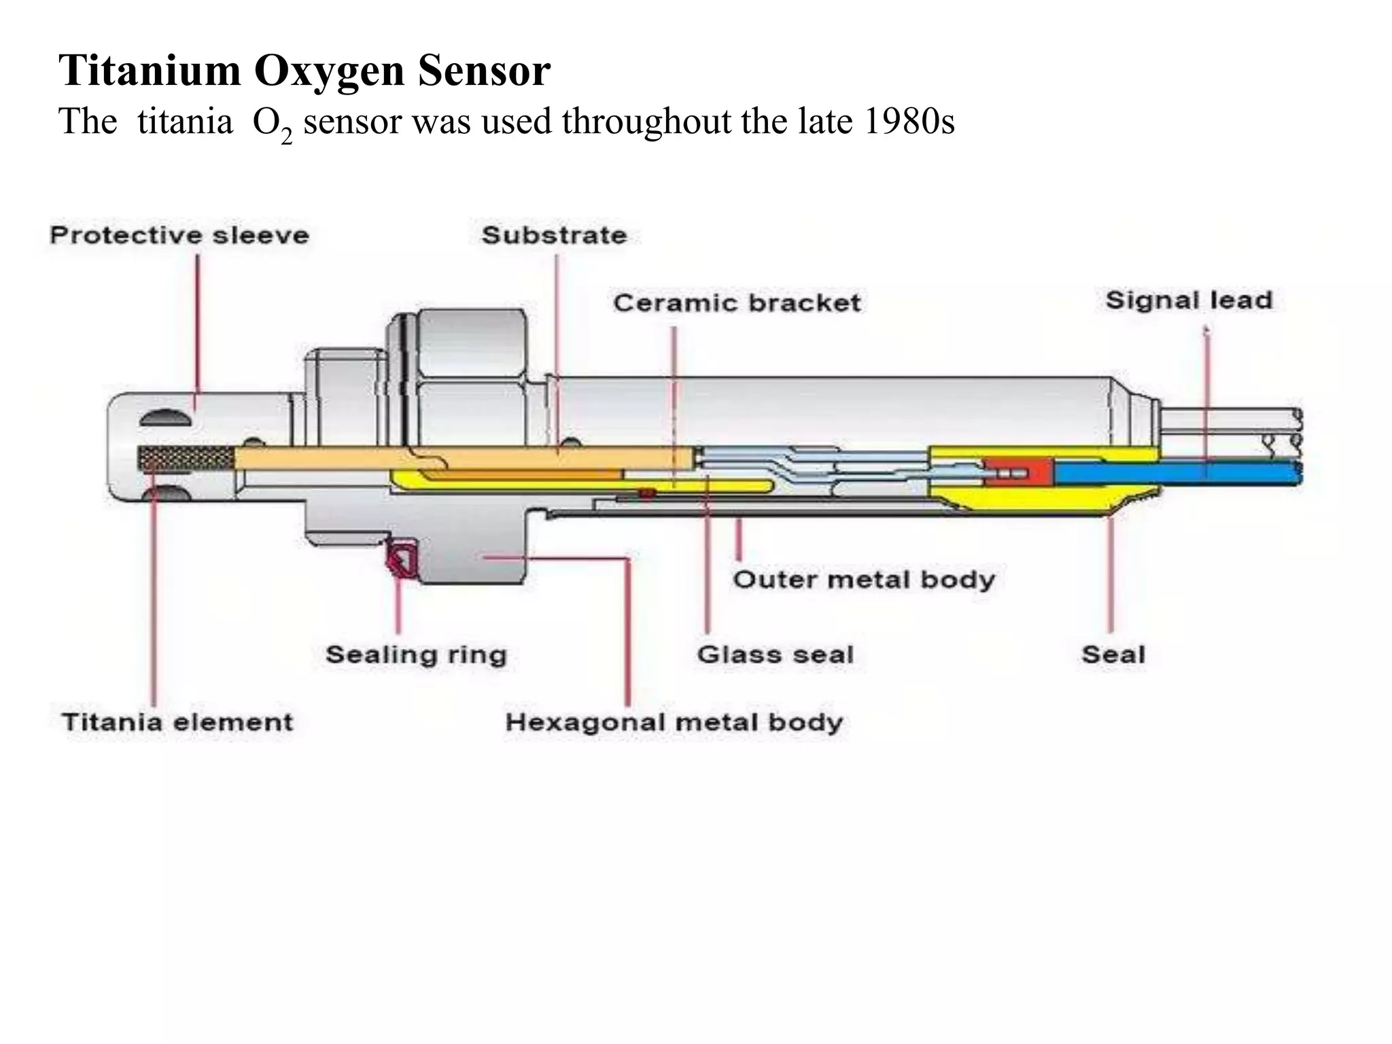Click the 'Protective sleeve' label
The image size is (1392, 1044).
click(179, 235)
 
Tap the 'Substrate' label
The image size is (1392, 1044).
click(554, 235)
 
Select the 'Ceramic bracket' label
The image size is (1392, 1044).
click(737, 302)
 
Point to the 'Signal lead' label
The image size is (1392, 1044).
click(1188, 300)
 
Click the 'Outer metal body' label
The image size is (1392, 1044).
click(863, 580)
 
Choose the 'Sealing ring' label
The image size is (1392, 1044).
click(416, 655)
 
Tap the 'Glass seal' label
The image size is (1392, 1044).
click(775, 655)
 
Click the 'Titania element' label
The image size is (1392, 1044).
click(177, 721)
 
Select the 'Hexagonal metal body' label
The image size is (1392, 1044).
click(674, 721)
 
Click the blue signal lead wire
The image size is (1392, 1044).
click(1176, 471)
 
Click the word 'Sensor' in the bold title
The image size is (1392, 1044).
click(483, 70)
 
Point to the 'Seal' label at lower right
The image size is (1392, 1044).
click(1113, 655)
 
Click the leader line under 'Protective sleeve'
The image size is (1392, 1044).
click(198, 326)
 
